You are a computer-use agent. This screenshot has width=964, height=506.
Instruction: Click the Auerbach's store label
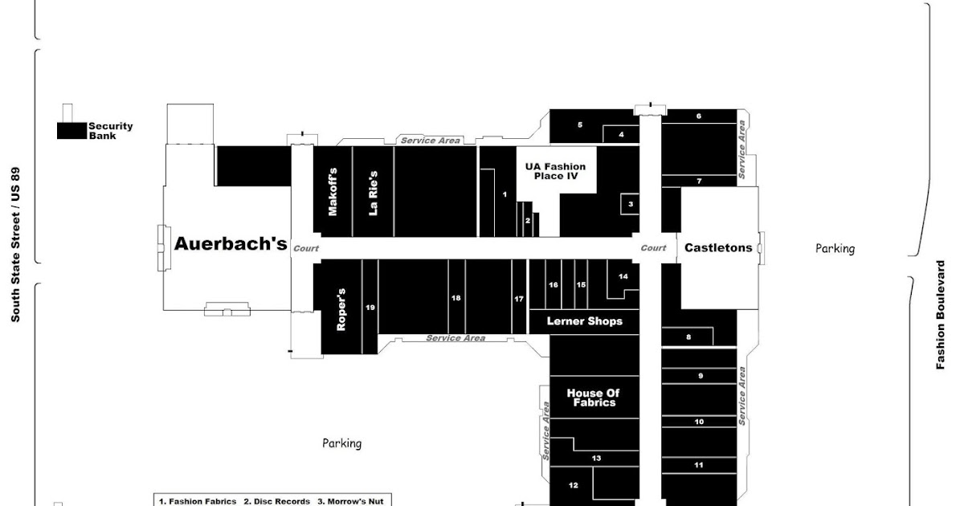[x=231, y=244]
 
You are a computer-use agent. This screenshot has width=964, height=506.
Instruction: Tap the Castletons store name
[x=718, y=248]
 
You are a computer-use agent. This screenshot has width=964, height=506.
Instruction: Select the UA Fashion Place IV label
[x=556, y=171]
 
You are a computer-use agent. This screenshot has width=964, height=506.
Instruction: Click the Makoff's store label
[x=333, y=191]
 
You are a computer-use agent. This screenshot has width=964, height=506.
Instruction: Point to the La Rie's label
[x=373, y=194]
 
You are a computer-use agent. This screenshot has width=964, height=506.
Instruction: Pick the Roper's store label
[x=341, y=309]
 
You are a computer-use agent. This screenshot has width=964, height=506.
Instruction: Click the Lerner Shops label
[x=585, y=321]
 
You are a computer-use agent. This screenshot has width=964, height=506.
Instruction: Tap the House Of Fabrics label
[x=594, y=398]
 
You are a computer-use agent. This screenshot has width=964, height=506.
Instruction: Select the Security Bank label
[x=110, y=131]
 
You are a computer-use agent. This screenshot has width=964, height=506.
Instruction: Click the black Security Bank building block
[x=71, y=131]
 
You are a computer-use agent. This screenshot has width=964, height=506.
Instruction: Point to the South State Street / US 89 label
[x=15, y=244]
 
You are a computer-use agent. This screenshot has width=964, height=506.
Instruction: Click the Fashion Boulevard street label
[x=941, y=315]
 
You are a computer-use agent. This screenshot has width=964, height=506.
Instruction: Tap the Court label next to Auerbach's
[x=306, y=249]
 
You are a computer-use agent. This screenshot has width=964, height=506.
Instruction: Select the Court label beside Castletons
[x=653, y=248]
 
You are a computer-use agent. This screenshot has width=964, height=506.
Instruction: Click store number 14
[x=623, y=276]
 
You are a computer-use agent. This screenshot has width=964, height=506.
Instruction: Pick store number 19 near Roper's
[x=370, y=307]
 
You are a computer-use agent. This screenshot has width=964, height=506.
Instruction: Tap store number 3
[x=631, y=204]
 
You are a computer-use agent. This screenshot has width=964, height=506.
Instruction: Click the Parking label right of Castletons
[x=835, y=249]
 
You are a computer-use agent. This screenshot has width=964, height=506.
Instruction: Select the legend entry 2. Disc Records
[x=276, y=501]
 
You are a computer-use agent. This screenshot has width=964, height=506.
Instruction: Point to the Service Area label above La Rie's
[x=431, y=141]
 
